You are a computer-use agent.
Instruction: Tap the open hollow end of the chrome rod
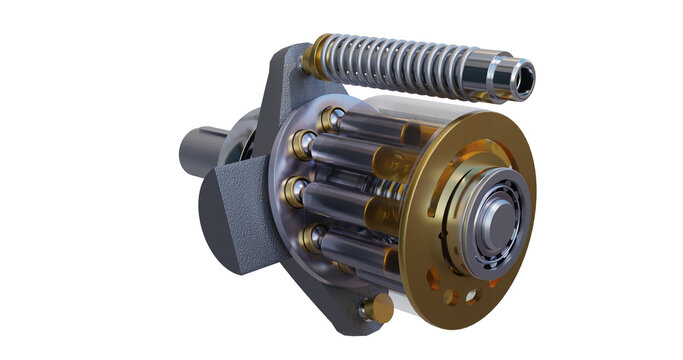coord(523,79)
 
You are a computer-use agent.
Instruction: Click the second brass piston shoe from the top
coord(299,149)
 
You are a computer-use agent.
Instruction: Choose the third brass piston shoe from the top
coord(295,189)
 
